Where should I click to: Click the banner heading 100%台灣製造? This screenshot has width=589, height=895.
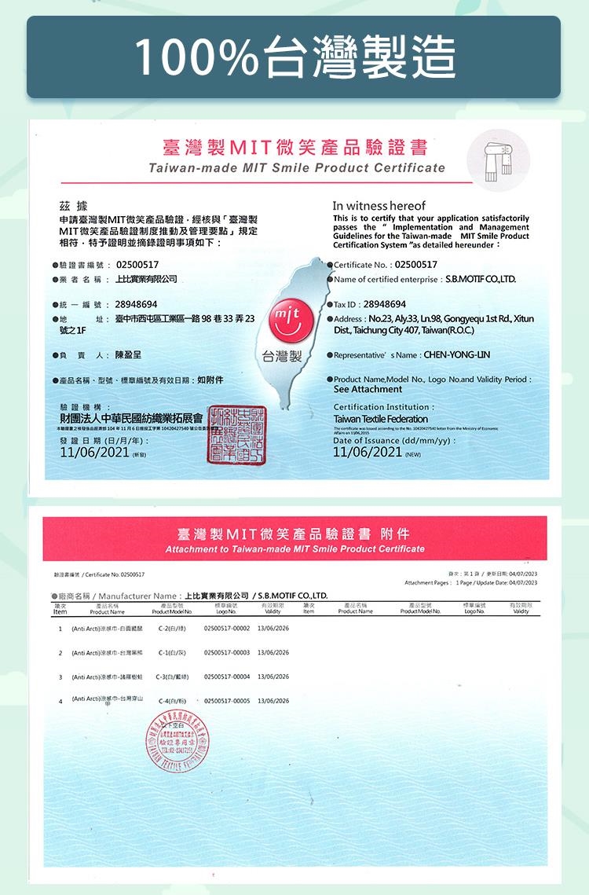point(294,57)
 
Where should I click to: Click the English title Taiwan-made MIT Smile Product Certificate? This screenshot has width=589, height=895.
point(297,168)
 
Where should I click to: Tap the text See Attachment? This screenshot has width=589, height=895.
point(368,390)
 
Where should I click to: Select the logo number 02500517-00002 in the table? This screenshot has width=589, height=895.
point(226,629)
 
